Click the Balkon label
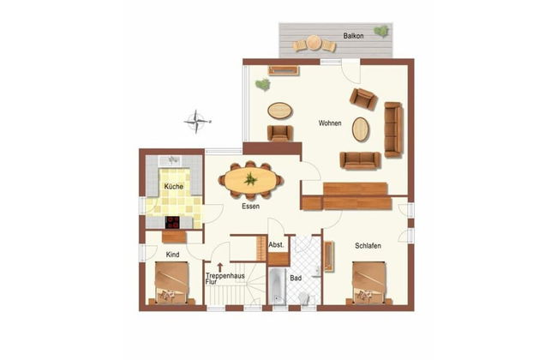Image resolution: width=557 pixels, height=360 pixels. click(353, 36)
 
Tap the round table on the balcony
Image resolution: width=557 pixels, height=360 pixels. click(314, 43)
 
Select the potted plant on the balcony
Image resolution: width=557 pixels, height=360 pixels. click(381, 31)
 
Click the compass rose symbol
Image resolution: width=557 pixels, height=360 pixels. click(197, 122)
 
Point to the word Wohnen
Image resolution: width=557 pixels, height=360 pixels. click(330, 123)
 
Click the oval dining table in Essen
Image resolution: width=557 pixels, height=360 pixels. click(250, 180)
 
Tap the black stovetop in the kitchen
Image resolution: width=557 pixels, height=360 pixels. click(172, 223)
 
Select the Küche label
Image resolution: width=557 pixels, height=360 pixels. click(174, 187)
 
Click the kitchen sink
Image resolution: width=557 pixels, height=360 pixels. click(172, 160)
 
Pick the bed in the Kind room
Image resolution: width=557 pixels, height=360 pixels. click(172, 283)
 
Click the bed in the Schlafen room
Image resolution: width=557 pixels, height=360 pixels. click(368, 283)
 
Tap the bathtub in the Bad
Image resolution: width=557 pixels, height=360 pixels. click(277, 286)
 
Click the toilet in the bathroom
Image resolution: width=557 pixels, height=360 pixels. click(304, 297)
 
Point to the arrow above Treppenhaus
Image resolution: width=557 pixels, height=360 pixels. click(220, 267)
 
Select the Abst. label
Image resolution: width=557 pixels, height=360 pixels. click(276, 245)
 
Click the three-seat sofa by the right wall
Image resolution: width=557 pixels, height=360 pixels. click(393, 129)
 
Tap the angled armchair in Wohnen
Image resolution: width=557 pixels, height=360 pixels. click(363, 99)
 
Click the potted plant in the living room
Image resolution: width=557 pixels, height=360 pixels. click(263, 84)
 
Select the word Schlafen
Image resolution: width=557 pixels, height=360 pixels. click(368, 245)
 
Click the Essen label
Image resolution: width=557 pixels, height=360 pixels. click(251, 206)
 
